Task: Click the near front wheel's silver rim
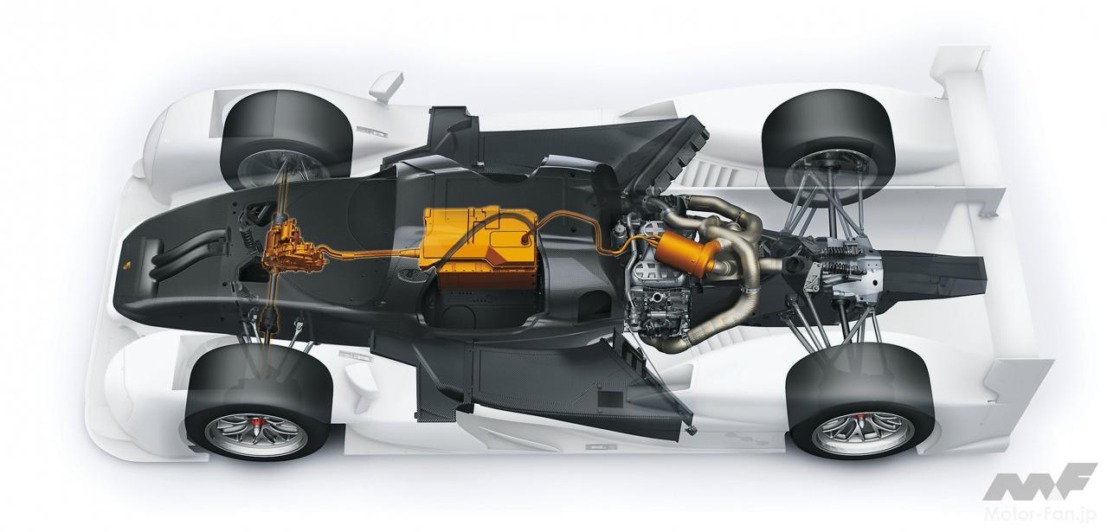(x=256, y=435)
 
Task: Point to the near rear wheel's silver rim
(x=863, y=433)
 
